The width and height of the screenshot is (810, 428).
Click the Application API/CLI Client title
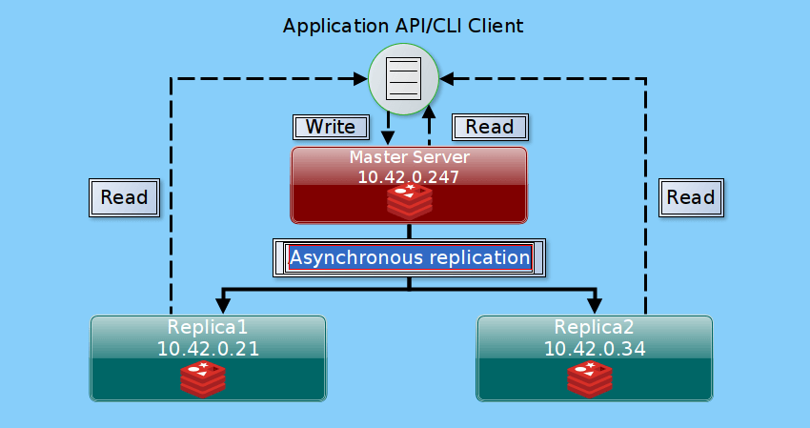click(403, 26)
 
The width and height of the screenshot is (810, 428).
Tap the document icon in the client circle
click(403, 79)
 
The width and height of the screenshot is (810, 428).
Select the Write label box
click(330, 127)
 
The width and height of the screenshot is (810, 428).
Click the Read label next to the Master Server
click(490, 127)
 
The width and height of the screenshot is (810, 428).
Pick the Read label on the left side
click(124, 197)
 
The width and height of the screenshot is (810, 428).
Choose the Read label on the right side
click(690, 197)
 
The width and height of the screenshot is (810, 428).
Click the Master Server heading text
click(409, 156)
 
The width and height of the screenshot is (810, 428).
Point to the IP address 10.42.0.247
click(409, 176)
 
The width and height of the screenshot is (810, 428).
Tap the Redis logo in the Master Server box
click(409, 201)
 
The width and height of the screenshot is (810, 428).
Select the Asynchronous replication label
click(409, 257)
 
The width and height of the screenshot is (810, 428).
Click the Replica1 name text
click(208, 327)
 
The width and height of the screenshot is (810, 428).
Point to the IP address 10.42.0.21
click(208, 348)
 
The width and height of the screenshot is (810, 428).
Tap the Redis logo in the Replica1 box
click(203, 378)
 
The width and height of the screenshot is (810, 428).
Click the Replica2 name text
click(595, 327)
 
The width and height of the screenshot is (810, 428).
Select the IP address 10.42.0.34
click(595, 348)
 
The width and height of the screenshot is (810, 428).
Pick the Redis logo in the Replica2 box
click(590, 378)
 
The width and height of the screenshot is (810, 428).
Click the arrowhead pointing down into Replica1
click(223, 305)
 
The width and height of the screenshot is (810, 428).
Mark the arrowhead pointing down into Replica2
click(595, 305)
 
